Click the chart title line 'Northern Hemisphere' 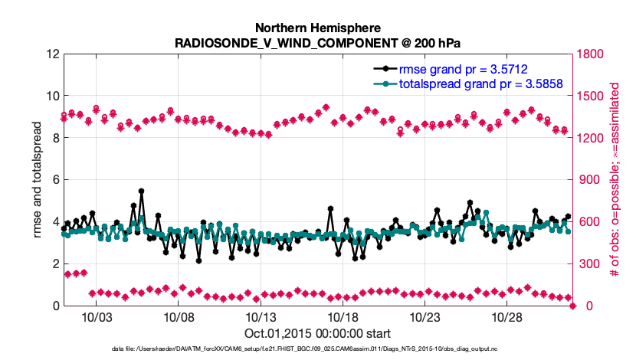click(x=318, y=27)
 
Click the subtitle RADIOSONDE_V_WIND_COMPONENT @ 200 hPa click(x=318, y=42)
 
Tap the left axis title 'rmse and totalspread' click(x=38, y=180)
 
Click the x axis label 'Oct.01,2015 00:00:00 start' click(x=318, y=333)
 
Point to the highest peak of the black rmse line click(x=142, y=191)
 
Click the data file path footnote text click(x=318, y=349)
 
